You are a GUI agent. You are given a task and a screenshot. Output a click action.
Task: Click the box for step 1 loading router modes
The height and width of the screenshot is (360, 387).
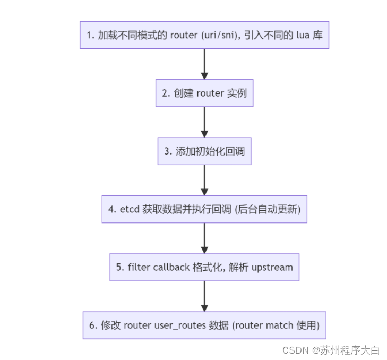204,35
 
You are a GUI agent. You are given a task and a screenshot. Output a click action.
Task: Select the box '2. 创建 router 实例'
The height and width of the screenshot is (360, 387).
204,93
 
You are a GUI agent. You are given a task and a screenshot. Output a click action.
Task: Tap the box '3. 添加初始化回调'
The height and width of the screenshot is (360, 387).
204,151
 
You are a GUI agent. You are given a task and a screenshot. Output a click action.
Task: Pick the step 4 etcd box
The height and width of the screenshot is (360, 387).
204,209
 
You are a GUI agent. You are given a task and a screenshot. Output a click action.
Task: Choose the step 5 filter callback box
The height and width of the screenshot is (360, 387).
204,267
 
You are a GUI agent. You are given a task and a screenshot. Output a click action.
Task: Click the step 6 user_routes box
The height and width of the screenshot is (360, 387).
204,325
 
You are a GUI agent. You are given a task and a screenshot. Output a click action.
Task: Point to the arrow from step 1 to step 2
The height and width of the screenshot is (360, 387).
204,64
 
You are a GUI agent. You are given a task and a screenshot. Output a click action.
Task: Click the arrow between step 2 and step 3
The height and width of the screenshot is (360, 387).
204,122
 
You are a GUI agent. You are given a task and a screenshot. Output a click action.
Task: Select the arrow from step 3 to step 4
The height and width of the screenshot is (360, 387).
204,180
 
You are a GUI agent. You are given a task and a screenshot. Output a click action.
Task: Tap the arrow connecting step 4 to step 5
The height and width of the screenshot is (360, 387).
204,238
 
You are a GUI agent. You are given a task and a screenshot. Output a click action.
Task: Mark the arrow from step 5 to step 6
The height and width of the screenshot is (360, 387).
204,296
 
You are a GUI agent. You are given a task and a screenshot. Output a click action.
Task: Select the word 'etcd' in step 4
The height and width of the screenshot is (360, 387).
130,209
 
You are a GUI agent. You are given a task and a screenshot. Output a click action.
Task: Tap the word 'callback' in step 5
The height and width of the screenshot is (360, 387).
171,267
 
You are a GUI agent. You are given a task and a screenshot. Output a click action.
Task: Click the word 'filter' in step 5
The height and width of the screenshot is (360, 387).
139,267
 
